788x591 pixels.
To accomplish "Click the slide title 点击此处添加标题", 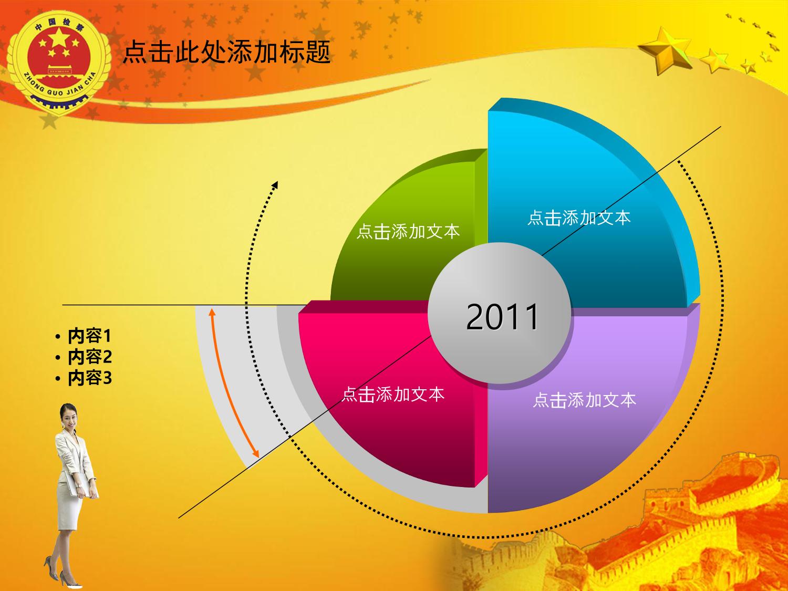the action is click(x=226, y=52).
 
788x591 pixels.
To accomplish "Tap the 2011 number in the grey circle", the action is click(x=502, y=316).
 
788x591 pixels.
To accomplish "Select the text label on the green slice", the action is click(x=408, y=232).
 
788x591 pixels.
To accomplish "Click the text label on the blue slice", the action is click(x=579, y=218).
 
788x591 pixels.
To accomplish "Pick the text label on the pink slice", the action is click(x=393, y=394).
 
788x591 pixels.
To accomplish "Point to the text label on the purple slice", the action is click(x=585, y=400).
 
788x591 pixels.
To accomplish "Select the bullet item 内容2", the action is click(x=90, y=357).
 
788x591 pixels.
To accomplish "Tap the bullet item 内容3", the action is click(x=90, y=378).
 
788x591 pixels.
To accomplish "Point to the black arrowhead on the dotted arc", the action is click(x=275, y=185).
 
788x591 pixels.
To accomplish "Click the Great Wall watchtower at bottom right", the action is click(x=668, y=502).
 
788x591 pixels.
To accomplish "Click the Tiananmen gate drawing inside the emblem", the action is click(x=58, y=72).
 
